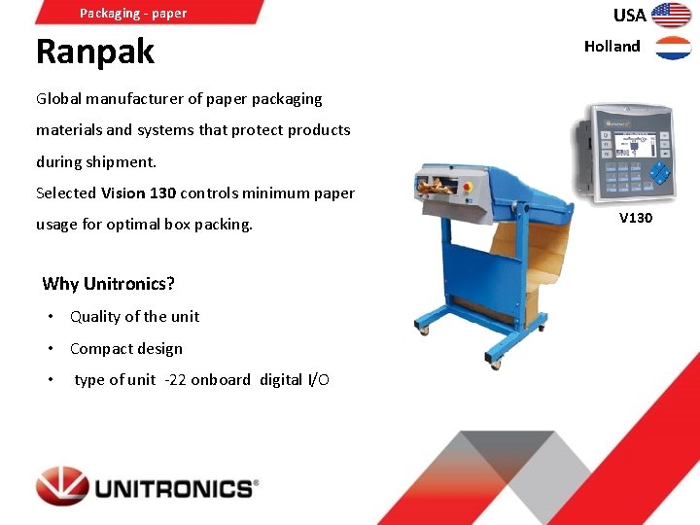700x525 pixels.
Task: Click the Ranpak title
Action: pos(94,52)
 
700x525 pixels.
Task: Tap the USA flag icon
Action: pos(671,15)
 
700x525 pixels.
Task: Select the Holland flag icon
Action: pos(673,48)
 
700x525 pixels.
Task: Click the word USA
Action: pos(629,15)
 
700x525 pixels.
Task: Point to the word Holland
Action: pos(612,47)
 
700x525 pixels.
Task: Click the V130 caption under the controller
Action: pos(635,218)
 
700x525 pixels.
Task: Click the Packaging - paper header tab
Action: pos(133,13)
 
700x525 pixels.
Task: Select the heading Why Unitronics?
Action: pos(108,284)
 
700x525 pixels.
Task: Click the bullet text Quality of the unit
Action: pos(134,316)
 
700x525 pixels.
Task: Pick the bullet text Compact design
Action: pos(125,348)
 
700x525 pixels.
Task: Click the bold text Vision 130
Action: pos(138,192)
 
